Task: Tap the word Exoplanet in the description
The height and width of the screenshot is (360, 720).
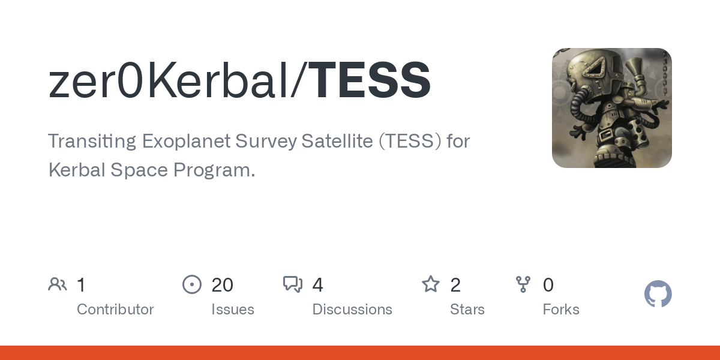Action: coord(193,142)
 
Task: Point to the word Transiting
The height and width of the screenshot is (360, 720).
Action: coord(92,142)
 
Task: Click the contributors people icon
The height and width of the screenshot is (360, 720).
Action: coord(58,284)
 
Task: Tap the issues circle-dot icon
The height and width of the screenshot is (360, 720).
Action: coord(192,284)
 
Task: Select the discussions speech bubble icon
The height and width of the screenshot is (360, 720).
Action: coord(293,284)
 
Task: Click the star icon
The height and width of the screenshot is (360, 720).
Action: coord(431,284)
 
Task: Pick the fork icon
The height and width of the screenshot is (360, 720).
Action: coord(523,284)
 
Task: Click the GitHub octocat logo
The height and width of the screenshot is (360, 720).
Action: coord(658,295)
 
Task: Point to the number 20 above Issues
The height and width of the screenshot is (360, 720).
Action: coord(222,285)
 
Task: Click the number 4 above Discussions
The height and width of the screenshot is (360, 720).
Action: coord(318,285)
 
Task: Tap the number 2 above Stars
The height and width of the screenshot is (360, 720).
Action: coord(455,285)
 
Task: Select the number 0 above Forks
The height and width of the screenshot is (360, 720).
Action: coord(548,285)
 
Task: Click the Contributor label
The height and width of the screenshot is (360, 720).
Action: coord(115,310)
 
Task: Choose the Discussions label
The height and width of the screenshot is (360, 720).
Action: coord(352,310)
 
